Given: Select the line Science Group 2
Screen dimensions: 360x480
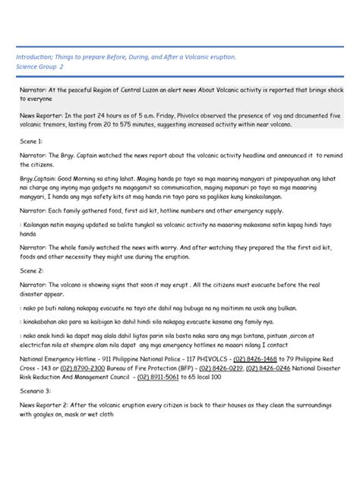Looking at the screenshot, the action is click(x=45, y=67).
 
